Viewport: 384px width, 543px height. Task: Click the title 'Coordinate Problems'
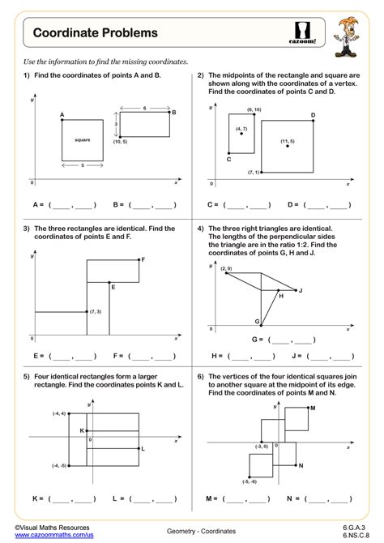click(96, 33)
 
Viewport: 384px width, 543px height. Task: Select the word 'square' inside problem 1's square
click(82, 140)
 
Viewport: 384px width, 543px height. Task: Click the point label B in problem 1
click(173, 113)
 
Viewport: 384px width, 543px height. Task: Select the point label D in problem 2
click(313, 116)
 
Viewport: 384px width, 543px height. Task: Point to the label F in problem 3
click(143, 259)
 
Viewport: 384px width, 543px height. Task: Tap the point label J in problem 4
click(300, 290)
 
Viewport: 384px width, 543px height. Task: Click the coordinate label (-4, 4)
click(59, 413)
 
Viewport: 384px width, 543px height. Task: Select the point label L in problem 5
click(143, 448)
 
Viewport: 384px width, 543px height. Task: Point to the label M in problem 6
click(312, 408)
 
